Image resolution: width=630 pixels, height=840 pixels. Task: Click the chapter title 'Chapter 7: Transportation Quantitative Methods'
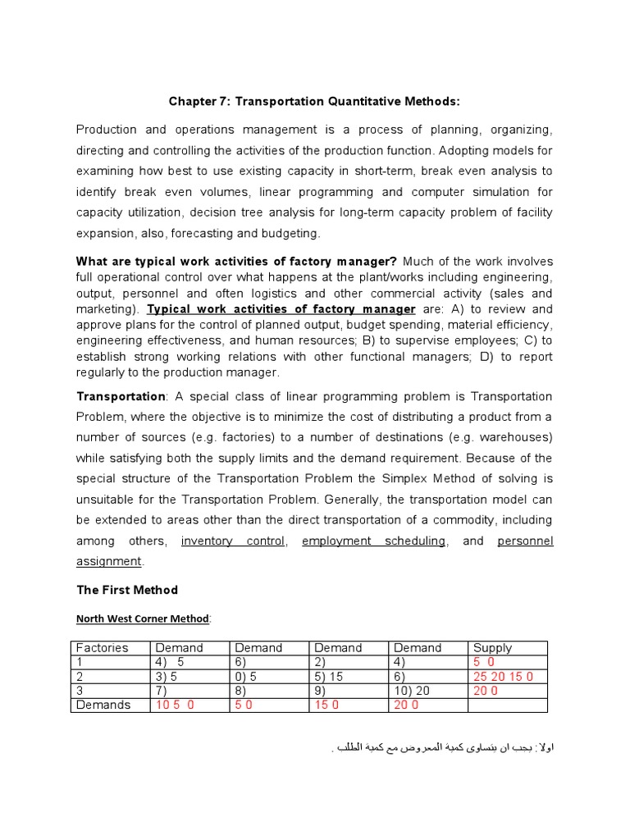point(315,101)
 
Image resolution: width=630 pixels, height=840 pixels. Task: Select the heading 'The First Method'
point(126,590)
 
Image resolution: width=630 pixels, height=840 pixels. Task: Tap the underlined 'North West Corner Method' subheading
point(143,619)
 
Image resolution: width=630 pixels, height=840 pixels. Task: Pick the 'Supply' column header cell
point(507,648)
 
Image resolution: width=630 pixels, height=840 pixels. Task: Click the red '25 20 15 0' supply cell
point(507,677)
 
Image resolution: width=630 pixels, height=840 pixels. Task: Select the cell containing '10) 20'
point(427,691)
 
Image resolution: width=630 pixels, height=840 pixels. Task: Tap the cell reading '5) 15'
point(348,677)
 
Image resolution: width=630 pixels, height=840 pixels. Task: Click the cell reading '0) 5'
point(268,677)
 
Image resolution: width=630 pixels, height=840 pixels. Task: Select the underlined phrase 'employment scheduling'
point(373,541)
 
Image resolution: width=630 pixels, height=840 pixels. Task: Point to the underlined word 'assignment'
point(109,562)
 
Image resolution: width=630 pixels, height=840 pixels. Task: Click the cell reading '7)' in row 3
point(189,691)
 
